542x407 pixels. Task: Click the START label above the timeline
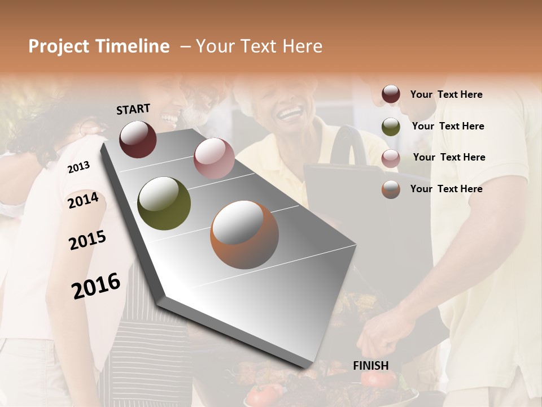pyautogui.click(x=133, y=109)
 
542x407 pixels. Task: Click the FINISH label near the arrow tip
pyautogui.click(x=371, y=366)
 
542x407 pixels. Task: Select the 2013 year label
pyautogui.click(x=78, y=167)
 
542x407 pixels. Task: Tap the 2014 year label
pyautogui.click(x=83, y=201)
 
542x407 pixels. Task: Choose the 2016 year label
pyautogui.click(x=96, y=286)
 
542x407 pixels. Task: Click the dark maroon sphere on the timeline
pyautogui.click(x=138, y=139)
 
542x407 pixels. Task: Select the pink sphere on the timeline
pyautogui.click(x=213, y=158)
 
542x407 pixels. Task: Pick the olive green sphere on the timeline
pyautogui.click(x=164, y=203)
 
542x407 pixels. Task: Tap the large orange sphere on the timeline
pyautogui.click(x=244, y=235)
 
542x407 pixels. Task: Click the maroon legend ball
pyautogui.click(x=391, y=94)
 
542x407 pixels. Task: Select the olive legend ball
pyautogui.click(x=391, y=127)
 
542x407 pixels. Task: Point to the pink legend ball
pyautogui.click(x=391, y=158)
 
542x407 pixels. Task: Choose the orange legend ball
pyautogui.click(x=391, y=189)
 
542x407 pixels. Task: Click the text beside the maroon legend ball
pyautogui.click(x=446, y=94)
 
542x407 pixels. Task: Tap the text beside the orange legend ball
pyautogui.click(x=446, y=189)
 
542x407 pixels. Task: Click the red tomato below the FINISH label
pyautogui.click(x=377, y=379)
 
